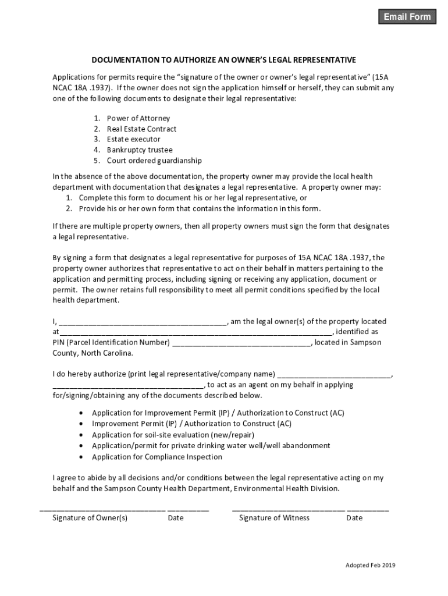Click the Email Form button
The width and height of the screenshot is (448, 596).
click(407, 17)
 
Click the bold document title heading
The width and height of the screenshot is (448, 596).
click(223, 60)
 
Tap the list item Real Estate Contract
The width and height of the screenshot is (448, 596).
click(141, 129)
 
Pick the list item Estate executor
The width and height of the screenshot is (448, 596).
click(133, 139)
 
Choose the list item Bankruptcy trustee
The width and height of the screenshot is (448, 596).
click(140, 150)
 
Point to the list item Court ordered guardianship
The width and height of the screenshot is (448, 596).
click(154, 161)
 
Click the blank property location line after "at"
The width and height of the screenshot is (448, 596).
click(195, 332)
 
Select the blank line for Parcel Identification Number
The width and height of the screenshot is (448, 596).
click(242, 343)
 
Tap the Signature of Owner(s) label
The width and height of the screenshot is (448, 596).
click(90, 517)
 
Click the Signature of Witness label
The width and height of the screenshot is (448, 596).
click(274, 517)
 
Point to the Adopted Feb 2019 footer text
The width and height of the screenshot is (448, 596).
click(371, 565)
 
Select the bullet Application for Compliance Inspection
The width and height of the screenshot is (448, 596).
click(157, 457)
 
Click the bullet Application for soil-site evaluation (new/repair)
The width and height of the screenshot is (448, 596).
click(173, 435)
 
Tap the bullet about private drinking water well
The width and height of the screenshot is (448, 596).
click(211, 446)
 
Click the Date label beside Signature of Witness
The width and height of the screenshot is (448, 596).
click(354, 517)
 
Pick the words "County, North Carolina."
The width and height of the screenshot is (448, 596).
click(93, 353)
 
